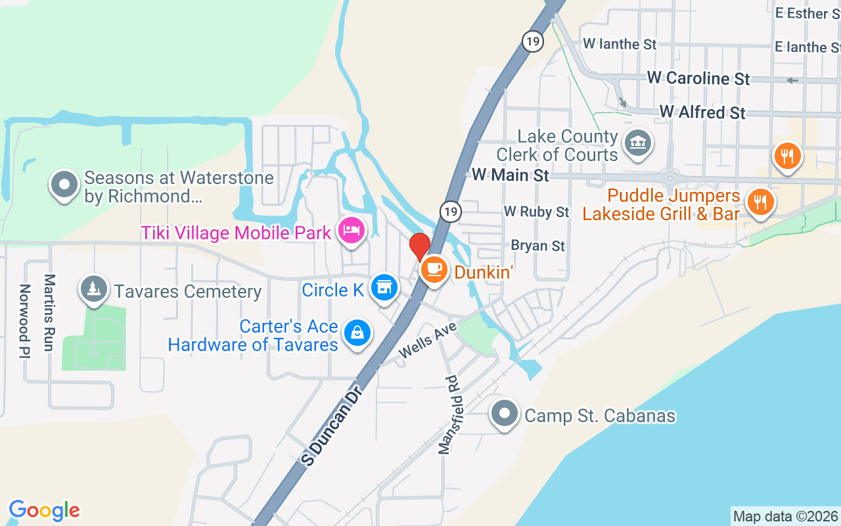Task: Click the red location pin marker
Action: pyautogui.click(x=420, y=247)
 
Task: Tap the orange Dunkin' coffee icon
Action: pyautogui.click(x=434, y=269)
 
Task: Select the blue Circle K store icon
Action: pyautogui.click(x=384, y=287)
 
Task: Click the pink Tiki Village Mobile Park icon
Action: pyautogui.click(x=352, y=230)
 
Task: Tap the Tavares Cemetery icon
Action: pyautogui.click(x=94, y=289)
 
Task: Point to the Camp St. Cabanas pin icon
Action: pyautogui.click(x=505, y=414)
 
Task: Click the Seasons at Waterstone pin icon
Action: pyautogui.click(x=64, y=185)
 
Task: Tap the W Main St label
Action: pyautogui.click(x=511, y=175)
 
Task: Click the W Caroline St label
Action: pyautogui.click(x=698, y=78)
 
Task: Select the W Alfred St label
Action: pyautogui.click(x=702, y=112)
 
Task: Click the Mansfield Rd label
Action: pyautogui.click(x=448, y=414)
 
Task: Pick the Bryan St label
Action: pyautogui.click(x=537, y=246)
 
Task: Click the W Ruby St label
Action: pyautogui.click(x=536, y=212)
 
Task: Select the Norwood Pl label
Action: pyautogui.click(x=25, y=321)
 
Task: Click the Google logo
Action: pyautogui.click(x=44, y=510)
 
